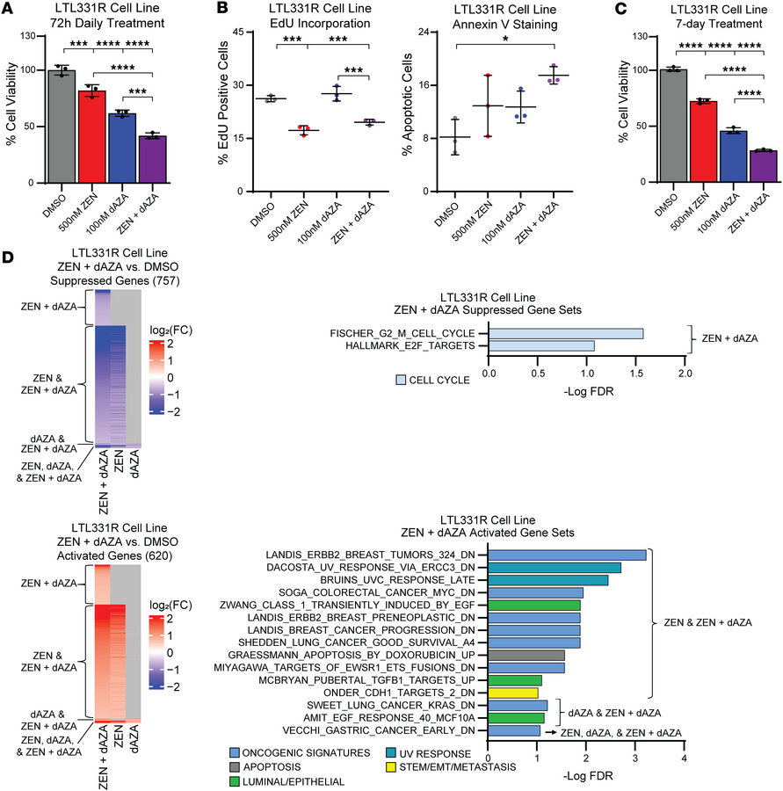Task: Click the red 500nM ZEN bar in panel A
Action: [x=91, y=137]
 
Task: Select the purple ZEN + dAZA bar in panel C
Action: [x=764, y=166]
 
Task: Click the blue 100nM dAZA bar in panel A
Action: [x=122, y=148]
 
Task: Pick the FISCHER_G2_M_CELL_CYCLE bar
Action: [x=566, y=333]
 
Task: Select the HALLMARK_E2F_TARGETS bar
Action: [x=541, y=345]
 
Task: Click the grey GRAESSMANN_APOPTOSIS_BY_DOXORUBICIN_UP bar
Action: [x=526, y=656]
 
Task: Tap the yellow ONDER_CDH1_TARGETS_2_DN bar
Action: [x=513, y=693]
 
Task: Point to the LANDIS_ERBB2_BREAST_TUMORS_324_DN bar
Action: [x=567, y=555]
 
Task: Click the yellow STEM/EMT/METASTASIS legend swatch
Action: [x=390, y=767]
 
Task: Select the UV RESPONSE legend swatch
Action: [x=390, y=754]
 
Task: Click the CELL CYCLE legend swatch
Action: [x=401, y=380]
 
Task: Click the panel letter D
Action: [x=8, y=258]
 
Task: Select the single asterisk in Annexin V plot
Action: [x=505, y=39]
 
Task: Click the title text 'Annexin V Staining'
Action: [x=505, y=25]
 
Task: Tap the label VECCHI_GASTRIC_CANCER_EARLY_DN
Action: [x=379, y=730]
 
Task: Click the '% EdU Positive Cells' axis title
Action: [x=223, y=103]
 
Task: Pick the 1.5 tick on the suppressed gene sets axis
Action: [x=636, y=374]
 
